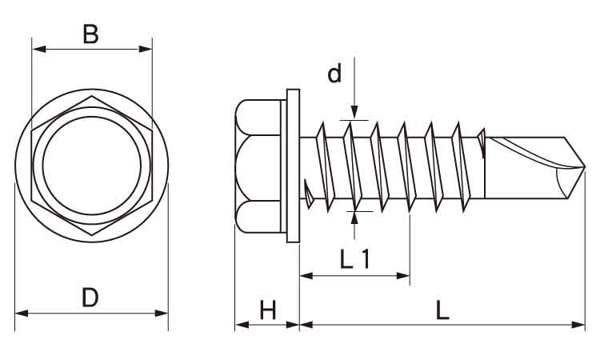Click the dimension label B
91,34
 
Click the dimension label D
90,298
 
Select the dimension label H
267,310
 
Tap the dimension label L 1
354,259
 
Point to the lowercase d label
334,74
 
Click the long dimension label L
442,310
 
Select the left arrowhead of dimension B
37,49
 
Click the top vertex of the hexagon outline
91,97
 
